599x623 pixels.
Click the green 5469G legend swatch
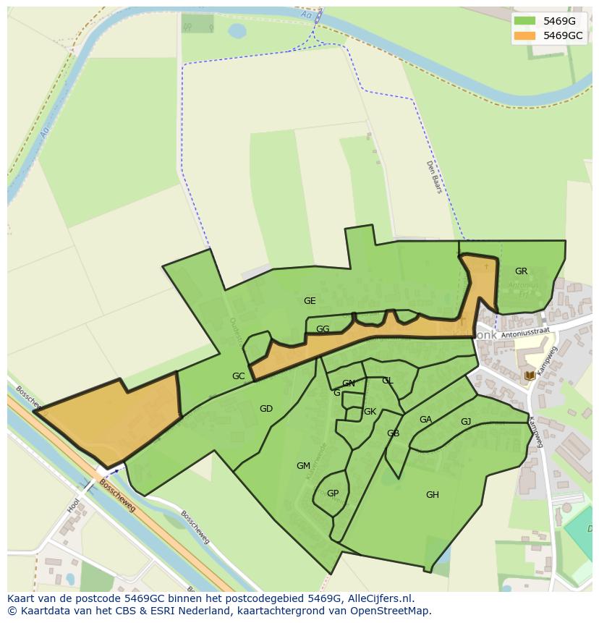click(525, 21)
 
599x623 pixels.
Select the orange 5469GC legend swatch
click(525, 35)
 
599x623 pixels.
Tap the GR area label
click(521, 271)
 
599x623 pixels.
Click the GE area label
click(310, 301)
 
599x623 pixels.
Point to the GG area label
click(323, 329)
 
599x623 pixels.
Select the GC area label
click(238, 376)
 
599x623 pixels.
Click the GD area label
click(266, 409)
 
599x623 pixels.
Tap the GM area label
click(303, 466)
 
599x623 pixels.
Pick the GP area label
click(333, 493)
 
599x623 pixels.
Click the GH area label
click(432, 495)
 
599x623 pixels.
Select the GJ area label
click(466, 422)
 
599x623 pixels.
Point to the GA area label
click(425, 420)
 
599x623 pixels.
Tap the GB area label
click(393, 434)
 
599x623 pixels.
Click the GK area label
click(370, 412)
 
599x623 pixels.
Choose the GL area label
click(387, 381)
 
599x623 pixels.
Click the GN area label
click(349, 383)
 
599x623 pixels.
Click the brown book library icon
click(530, 376)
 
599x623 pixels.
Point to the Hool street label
click(74, 505)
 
